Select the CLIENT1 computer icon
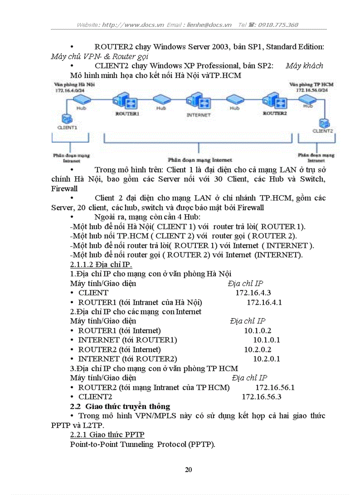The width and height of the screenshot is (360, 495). pyautogui.click(x=67, y=119)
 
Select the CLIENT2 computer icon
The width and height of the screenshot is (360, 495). pyautogui.click(x=324, y=123)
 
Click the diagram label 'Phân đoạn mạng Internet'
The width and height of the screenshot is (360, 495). pyautogui.click(x=200, y=160)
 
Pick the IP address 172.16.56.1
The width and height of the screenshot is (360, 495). pyautogui.click(x=275, y=387)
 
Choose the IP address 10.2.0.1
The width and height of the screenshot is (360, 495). pyautogui.click(x=266, y=359)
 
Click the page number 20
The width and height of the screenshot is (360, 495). pyautogui.click(x=188, y=469)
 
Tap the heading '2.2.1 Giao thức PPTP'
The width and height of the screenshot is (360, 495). pyautogui.click(x=107, y=435)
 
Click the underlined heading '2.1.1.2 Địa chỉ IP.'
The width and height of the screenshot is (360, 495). pyautogui.click(x=101, y=264)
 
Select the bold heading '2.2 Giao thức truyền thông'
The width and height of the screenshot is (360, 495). pyautogui.click(x=120, y=406)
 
